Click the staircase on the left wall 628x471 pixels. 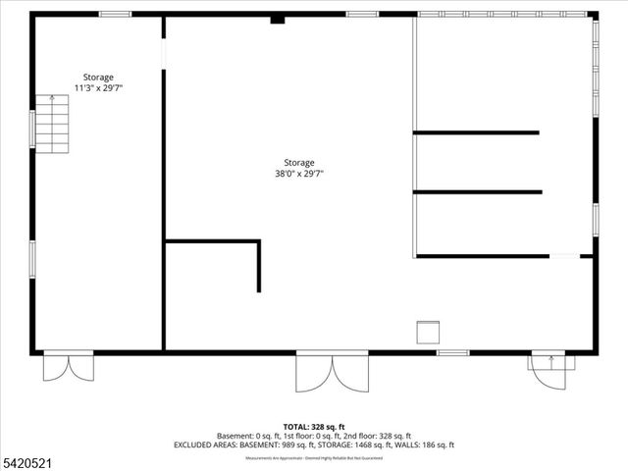52,124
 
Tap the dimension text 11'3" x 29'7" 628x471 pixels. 98,88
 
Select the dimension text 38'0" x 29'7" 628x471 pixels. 299,174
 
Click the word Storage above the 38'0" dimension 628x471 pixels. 299,163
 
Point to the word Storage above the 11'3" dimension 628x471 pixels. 98,78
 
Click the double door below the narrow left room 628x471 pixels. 69,367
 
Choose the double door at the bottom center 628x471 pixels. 333,371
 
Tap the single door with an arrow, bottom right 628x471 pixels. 549,369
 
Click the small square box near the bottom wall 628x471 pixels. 429,332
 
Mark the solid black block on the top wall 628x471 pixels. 278,18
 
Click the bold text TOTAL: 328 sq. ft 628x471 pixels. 313,427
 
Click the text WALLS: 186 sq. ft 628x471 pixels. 423,445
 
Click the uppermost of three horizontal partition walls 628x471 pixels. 476,132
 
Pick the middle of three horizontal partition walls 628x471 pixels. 477,192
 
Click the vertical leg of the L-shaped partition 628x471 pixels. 259,266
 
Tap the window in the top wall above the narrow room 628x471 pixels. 116,14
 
